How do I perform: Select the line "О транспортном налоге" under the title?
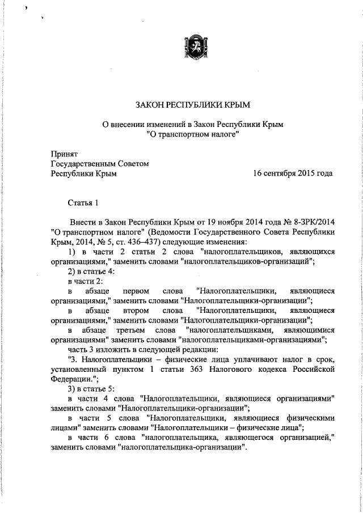tap(192, 134)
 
